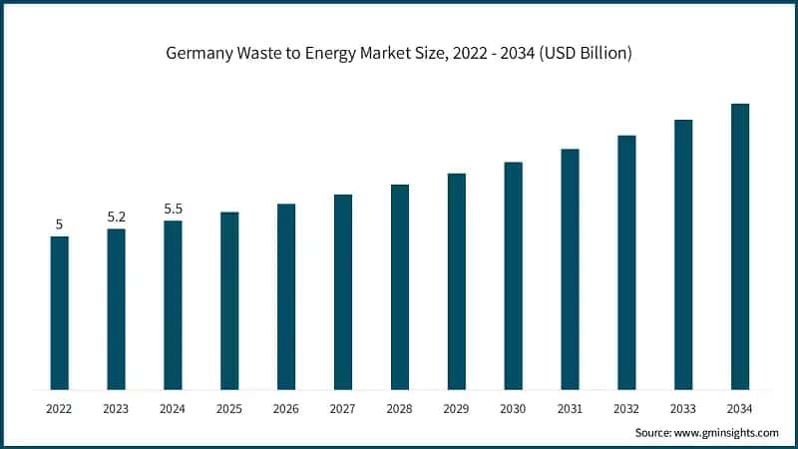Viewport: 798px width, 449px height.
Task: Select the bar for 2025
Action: coord(229,300)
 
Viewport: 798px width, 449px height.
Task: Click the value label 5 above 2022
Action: coord(60,224)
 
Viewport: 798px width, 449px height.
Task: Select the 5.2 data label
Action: coord(117,217)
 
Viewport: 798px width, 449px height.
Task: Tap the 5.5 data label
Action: coord(173,209)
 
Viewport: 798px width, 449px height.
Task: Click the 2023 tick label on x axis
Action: coord(117,409)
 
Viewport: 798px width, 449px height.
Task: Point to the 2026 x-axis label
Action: coord(286,409)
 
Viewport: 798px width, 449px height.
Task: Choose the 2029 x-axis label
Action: coord(456,409)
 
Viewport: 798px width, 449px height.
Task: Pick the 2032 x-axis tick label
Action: coord(626,409)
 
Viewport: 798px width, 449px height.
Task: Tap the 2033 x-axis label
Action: coord(683,409)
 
